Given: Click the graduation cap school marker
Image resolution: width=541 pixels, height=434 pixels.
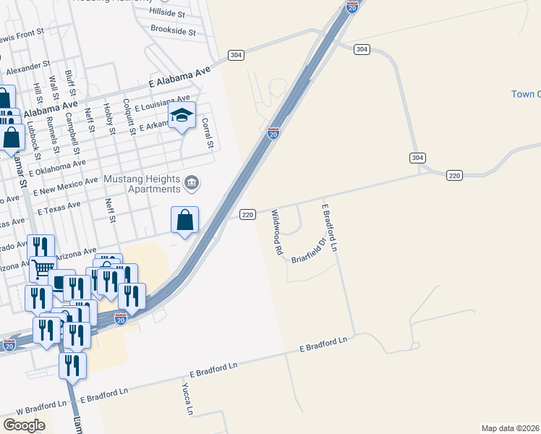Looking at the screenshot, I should click(182, 116).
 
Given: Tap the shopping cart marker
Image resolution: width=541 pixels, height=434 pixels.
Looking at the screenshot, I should click(43, 270).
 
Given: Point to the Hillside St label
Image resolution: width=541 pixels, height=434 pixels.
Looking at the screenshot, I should click(167, 13).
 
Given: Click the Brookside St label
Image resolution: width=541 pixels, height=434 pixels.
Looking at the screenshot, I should click(173, 30).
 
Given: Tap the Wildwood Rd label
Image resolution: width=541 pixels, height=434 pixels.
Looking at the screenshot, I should click(276, 232).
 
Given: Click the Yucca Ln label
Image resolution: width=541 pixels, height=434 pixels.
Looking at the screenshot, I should click(187, 399).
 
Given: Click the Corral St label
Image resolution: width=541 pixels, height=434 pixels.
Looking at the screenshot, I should click(208, 133).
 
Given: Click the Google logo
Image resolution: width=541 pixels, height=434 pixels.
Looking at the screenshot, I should click(24, 425).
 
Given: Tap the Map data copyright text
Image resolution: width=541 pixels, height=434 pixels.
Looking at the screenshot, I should click(510, 428).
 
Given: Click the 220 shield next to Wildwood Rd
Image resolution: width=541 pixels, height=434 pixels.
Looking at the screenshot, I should click(247, 214).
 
